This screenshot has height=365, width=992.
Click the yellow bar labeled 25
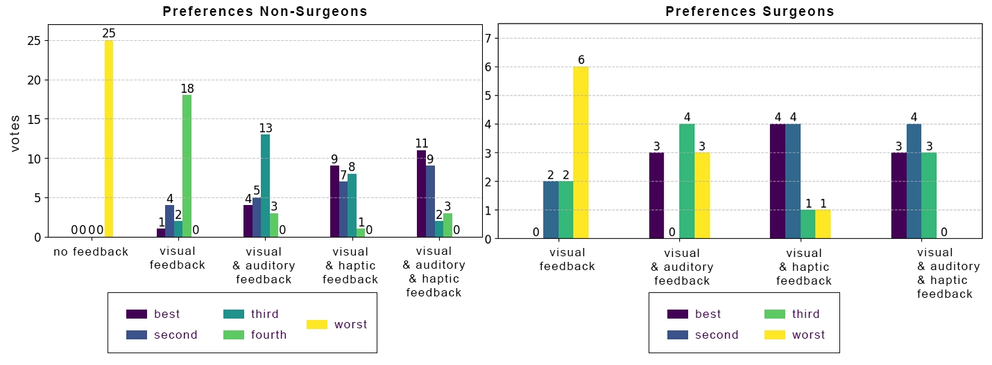click(x=108, y=139)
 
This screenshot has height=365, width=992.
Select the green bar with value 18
click(x=187, y=166)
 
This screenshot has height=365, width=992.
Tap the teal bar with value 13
click(x=265, y=186)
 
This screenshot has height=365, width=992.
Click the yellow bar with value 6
click(x=581, y=152)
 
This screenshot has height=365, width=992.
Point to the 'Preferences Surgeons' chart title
click(x=750, y=11)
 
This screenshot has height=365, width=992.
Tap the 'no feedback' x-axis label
click(x=91, y=251)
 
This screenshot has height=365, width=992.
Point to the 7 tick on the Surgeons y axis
click(x=488, y=38)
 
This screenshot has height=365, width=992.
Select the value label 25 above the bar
click(x=108, y=33)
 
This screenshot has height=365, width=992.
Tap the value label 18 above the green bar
click(x=187, y=88)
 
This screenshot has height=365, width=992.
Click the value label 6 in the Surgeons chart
click(x=581, y=60)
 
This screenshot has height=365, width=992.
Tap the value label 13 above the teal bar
click(x=265, y=127)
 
